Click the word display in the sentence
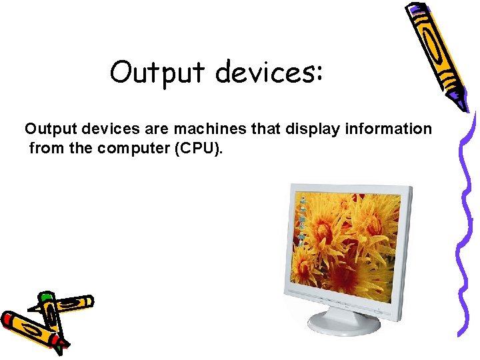313,129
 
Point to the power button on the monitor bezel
377,310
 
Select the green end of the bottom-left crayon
45,297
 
